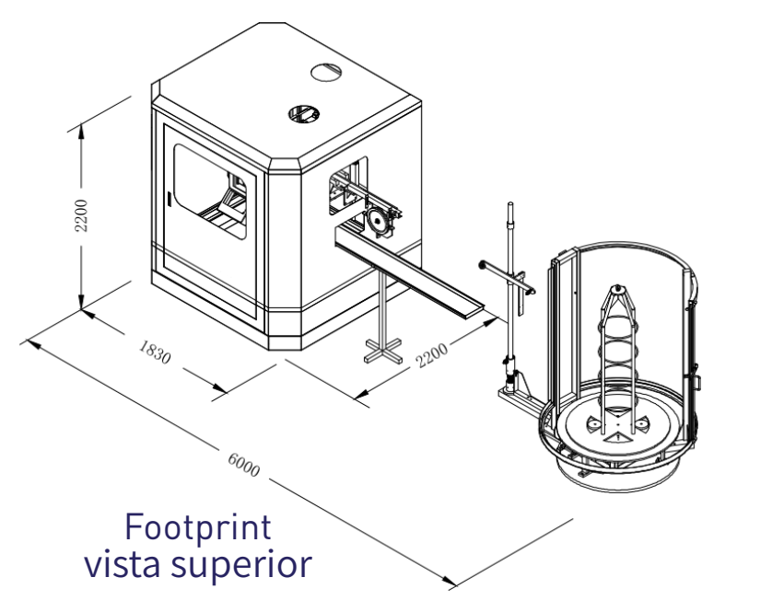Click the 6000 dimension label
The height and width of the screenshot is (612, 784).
point(242,464)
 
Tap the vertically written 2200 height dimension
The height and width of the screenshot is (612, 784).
point(82,214)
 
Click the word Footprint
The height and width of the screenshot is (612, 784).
point(197,528)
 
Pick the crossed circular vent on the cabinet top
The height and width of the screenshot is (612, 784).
point(303,113)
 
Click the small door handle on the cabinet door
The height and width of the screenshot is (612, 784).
point(170,198)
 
